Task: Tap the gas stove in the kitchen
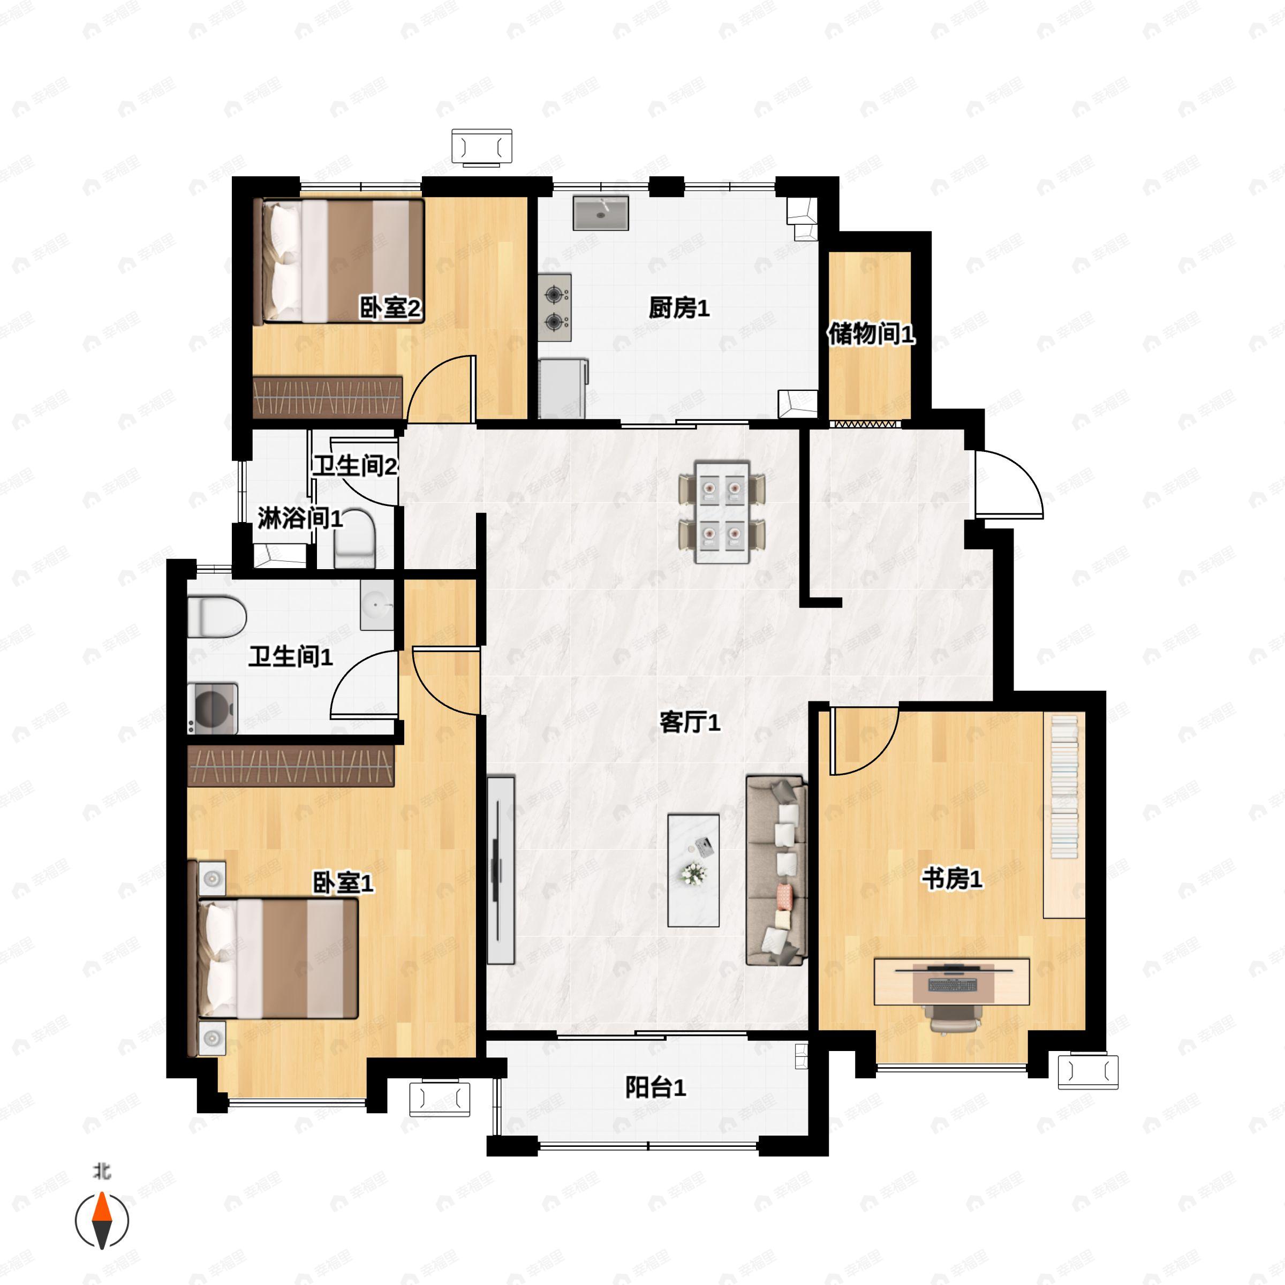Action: [x=555, y=307]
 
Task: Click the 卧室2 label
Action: [x=390, y=308]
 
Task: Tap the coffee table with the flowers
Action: [x=693, y=870]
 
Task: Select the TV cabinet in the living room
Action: [x=500, y=870]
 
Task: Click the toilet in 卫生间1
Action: [x=216, y=616]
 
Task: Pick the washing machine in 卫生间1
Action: [x=213, y=708]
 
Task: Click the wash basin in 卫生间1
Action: [x=377, y=604]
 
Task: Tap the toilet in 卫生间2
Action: [x=355, y=538]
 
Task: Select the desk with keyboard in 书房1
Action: [x=951, y=981]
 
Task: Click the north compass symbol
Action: [x=102, y=1220]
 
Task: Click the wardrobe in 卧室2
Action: [x=328, y=397]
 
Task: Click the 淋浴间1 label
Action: [x=300, y=518]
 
